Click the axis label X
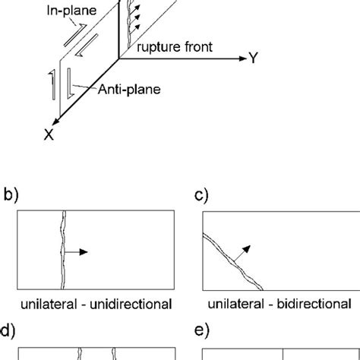pyautogui.click(x=51, y=136)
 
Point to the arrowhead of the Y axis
pyautogui.click(x=242, y=58)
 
